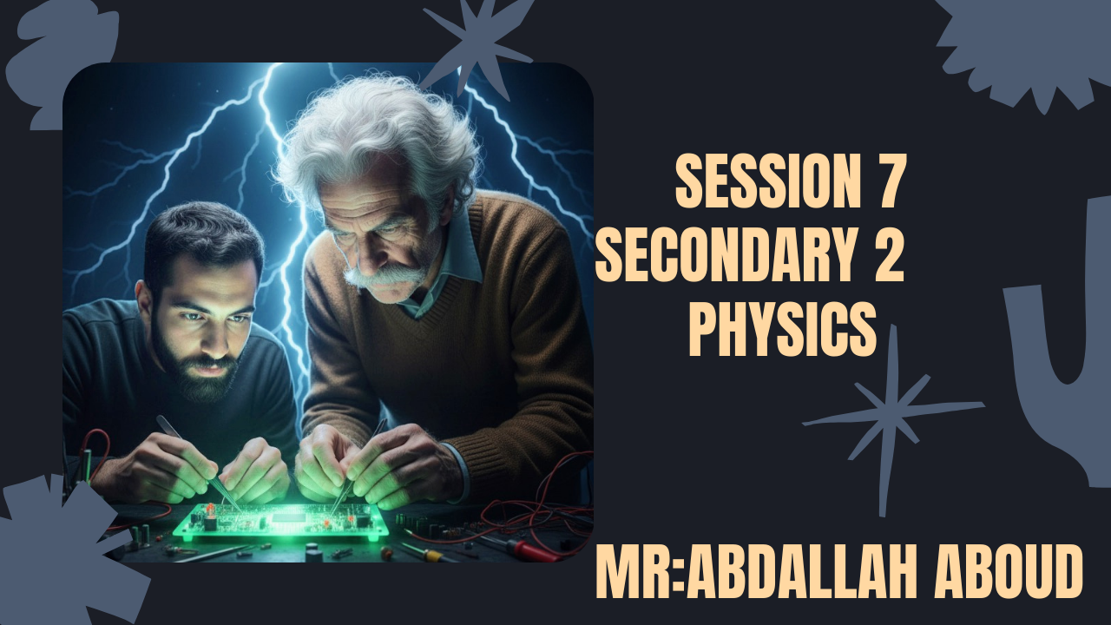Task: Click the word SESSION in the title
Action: click(757, 182)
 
